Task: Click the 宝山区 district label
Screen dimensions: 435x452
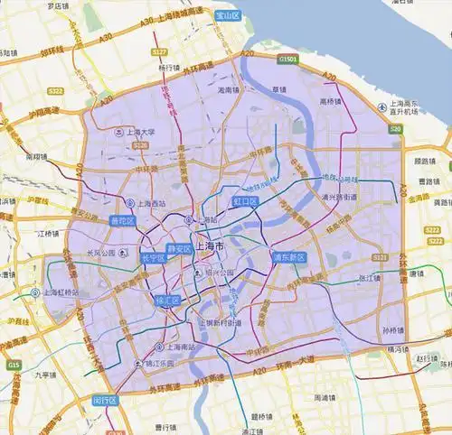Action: [x=228, y=16]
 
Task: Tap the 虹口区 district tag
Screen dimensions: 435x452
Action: [x=246, y=200]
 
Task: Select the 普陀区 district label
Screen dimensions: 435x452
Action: [x=122, y=221]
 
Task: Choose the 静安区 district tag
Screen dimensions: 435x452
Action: [x=179, y=247]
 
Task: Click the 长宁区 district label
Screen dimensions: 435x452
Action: [x=153, y=258]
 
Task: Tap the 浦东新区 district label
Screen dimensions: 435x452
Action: [x=290, y=257]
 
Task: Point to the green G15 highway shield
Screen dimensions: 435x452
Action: [x=12, y=365]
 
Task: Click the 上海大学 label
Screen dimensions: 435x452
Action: [x=136, y=132]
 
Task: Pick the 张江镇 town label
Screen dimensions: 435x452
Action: [x=370, y=278]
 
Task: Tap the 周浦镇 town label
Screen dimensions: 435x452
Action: [x=326, y=397]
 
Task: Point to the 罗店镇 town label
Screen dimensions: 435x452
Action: [x=61, y=5]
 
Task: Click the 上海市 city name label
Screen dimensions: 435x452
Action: [x=209, y=257]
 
